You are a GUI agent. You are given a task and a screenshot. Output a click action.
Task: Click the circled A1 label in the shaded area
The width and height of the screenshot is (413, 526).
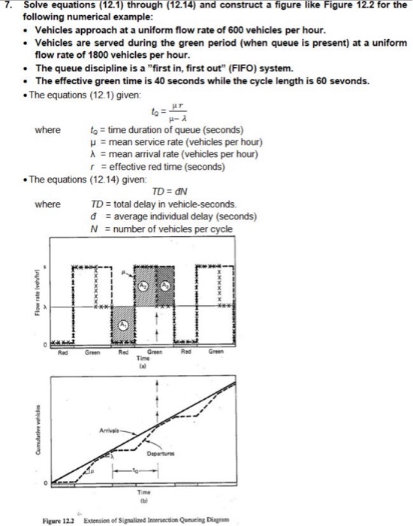click(124, 325)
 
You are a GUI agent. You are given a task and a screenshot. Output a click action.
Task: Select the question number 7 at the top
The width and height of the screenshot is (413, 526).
click(8, 6)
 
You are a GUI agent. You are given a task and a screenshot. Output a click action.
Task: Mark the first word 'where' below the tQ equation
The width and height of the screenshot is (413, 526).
click(48, 130)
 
